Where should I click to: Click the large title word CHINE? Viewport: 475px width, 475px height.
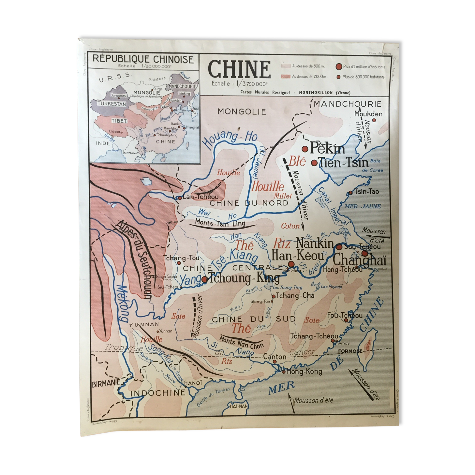click(239, 69)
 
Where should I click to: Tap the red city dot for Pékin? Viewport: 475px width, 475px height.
click(305, 149)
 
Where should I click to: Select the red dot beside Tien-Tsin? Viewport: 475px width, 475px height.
click(314, 163)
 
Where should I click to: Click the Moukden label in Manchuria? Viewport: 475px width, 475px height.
click(368, 114)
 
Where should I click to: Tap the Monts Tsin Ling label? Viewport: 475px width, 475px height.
click(220, 223)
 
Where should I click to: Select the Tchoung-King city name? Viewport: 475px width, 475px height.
click(244, 278)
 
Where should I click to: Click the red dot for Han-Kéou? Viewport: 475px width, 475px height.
click(291, 264)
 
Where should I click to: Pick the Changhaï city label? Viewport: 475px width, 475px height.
click(359, 260)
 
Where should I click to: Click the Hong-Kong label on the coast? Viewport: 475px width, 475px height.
click(304, 371)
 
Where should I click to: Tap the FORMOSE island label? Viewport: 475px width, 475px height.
click(350, 351)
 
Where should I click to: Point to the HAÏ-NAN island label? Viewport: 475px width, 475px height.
click(239, 406)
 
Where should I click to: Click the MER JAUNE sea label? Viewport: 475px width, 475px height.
click(363, 206)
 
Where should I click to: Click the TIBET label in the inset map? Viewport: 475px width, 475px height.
click(119, 121)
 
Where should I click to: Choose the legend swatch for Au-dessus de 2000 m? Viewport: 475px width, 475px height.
click(286, 77)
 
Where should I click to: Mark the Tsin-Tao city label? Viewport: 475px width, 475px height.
click(367, 192)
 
